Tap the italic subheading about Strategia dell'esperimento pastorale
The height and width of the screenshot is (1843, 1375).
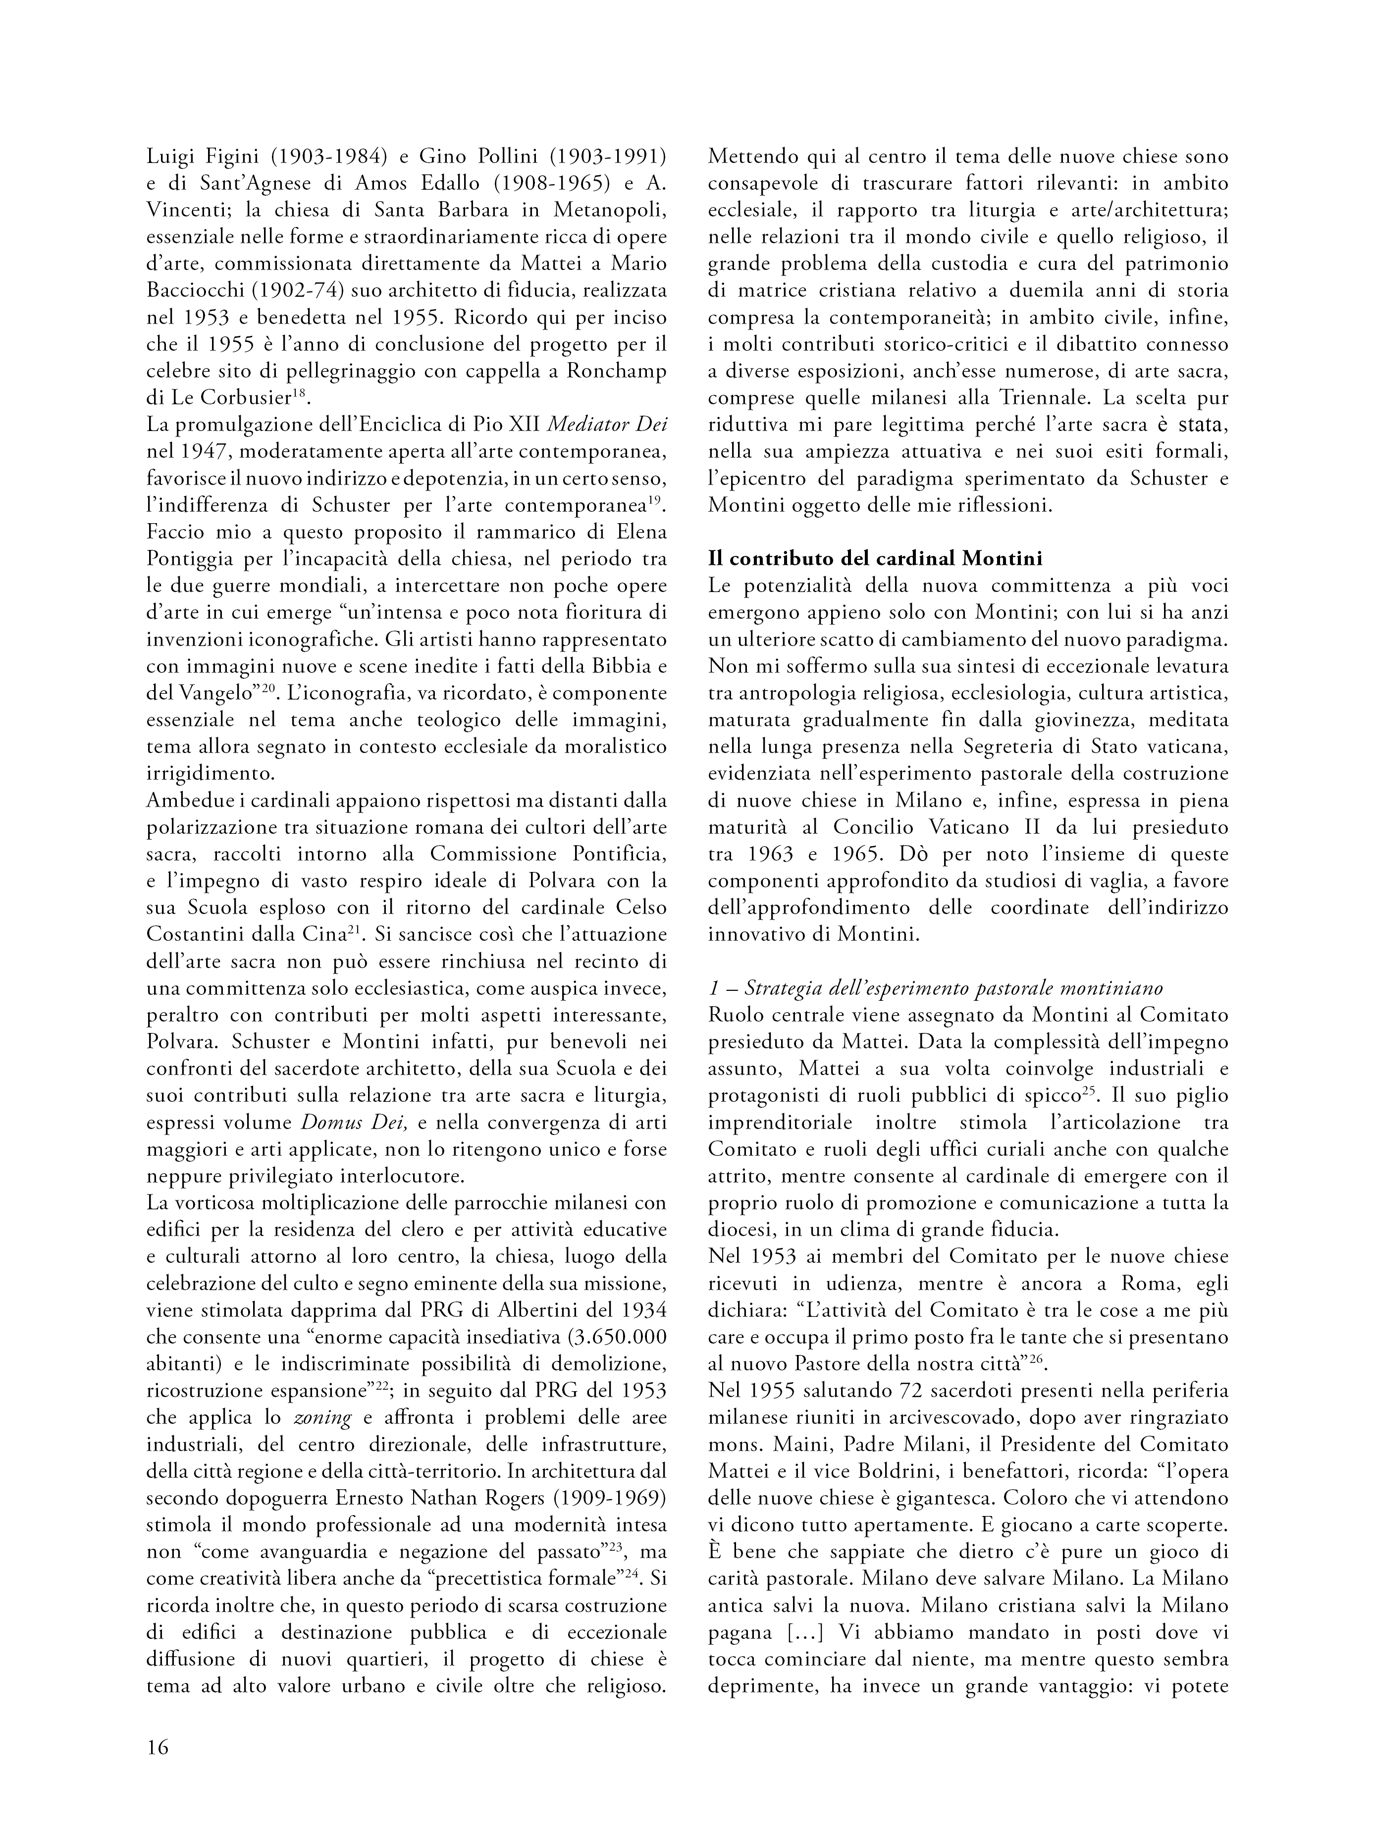tap(936, 988)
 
